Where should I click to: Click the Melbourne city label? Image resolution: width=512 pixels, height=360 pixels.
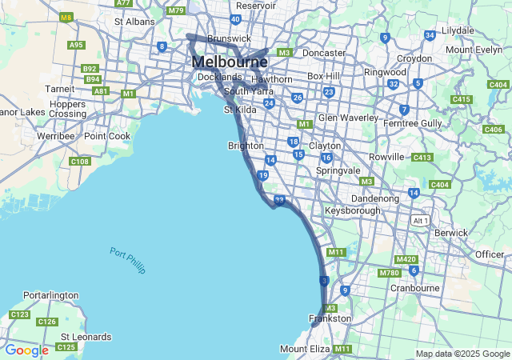(x=230, y=62)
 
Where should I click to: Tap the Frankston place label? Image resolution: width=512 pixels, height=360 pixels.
(x=330, y=318)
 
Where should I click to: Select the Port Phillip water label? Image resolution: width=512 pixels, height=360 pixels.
(x=128, y=261)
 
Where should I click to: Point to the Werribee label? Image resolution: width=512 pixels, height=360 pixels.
(x=54, y=136)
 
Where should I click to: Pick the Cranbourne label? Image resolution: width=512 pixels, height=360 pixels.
(x=415, y=288)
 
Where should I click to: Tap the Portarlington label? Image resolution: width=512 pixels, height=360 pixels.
(x=51, y=295)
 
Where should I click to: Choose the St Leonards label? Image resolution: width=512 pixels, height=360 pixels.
(x=86, y=337)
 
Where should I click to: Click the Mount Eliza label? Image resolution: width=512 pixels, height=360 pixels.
(x=304, y=349)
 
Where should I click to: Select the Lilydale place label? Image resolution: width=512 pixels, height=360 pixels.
(x=458, y=30)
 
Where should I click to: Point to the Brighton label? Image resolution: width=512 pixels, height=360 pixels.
(x=246, y=146)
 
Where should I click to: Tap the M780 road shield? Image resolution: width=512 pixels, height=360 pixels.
(x=390, y=273)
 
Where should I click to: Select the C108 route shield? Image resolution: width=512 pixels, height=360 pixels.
(x=80, y=162)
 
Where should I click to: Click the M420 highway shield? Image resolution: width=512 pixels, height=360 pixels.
(x=406, y=259)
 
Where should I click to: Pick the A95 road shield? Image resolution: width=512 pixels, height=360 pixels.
(x=77, y=45)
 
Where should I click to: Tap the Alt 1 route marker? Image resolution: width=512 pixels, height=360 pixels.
(x=420, y=220)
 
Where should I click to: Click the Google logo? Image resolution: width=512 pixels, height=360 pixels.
(x=26, y=350)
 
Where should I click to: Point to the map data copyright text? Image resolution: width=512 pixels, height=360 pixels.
(x=462, y=354)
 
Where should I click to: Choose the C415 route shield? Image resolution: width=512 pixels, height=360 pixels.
(x=462, y=99)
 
